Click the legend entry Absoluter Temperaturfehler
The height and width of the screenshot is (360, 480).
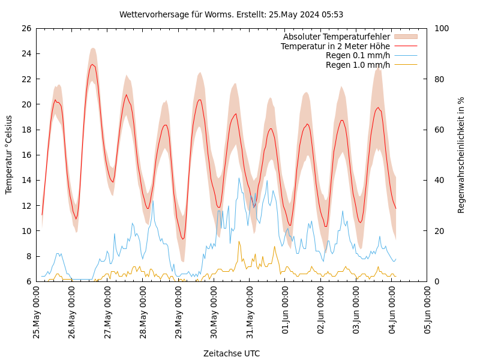click(336, 37)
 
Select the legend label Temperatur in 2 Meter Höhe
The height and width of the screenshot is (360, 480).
click(335, 46)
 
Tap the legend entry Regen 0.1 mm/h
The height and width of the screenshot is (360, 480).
click(358, 55)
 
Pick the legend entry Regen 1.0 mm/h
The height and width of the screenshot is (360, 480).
click(358, 65)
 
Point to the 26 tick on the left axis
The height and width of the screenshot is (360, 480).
click(26, 28)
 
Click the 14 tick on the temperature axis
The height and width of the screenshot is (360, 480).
click(26, 180)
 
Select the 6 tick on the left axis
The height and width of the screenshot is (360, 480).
click(28, 281)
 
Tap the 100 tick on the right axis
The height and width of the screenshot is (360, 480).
click(442, 28)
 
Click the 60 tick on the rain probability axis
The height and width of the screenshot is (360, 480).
click(439, 130)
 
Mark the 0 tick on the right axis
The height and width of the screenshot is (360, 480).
click(437, 281)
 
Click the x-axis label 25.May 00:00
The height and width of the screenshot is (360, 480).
click(37, 312)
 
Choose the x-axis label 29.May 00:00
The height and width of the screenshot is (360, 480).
click(179, 312)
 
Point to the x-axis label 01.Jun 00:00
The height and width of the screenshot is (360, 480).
click(286, 312)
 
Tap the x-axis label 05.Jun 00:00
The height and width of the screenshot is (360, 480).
click(428, 312)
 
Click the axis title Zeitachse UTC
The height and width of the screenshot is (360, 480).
click(232, 353)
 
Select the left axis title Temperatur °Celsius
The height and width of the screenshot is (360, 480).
click(9, 155)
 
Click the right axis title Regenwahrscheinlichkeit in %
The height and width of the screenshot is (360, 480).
click(461, 155)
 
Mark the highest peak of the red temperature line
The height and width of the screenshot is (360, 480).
click(92, 64)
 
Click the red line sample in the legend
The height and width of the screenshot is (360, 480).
click(405, 46)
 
